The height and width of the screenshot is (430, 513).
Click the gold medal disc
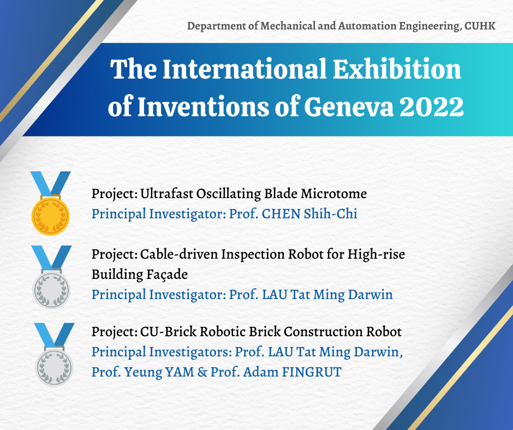pos(50,216)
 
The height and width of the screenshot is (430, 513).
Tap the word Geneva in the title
pos(349,107)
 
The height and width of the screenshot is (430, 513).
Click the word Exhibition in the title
pos(397,69)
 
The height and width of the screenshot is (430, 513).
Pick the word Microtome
pos(333,193)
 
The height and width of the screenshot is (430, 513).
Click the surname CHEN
pos(281,214)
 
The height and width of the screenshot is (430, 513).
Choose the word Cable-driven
pos(179,254)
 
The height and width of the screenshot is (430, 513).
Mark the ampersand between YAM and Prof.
pos(202,372)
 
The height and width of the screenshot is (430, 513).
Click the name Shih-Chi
pos(330,214)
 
